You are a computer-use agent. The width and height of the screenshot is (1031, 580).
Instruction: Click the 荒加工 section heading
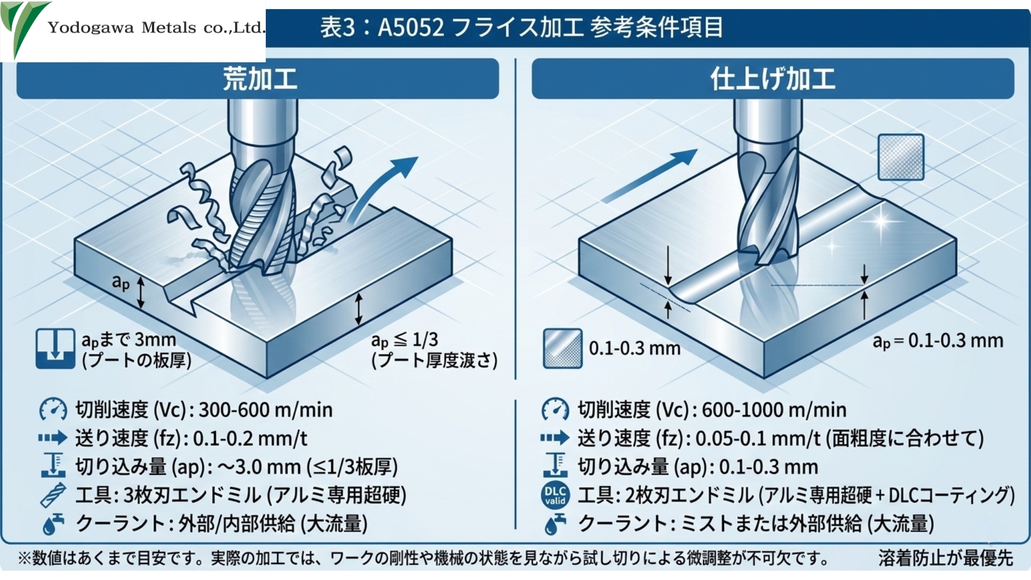point(259,79)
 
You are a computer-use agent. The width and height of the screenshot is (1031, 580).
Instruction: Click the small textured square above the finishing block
point(901,157)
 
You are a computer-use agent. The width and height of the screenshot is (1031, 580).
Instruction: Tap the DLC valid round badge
point(555,495)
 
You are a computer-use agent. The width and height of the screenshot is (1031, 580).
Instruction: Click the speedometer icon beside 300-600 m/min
point(53,410)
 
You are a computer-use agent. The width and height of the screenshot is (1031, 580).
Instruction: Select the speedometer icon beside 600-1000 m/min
point(555,410)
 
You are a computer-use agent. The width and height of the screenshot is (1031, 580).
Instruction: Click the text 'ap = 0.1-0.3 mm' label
point(938,340)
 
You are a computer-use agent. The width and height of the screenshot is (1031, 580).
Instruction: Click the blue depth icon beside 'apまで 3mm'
point(55,349)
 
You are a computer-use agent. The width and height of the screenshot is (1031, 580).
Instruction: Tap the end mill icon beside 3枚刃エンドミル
point(53,495)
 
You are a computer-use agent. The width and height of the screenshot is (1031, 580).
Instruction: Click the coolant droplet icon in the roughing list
point(53,524)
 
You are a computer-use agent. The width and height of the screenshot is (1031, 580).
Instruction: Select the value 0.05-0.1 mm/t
point(758,439)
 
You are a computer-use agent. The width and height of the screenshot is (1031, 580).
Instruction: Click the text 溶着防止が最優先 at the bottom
point(946,558)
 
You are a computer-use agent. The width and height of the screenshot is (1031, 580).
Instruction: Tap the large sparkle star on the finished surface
point(881,221)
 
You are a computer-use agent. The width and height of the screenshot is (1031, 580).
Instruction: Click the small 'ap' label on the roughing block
point(121,281)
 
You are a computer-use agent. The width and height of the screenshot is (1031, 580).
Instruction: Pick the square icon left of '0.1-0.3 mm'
point(562,349)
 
